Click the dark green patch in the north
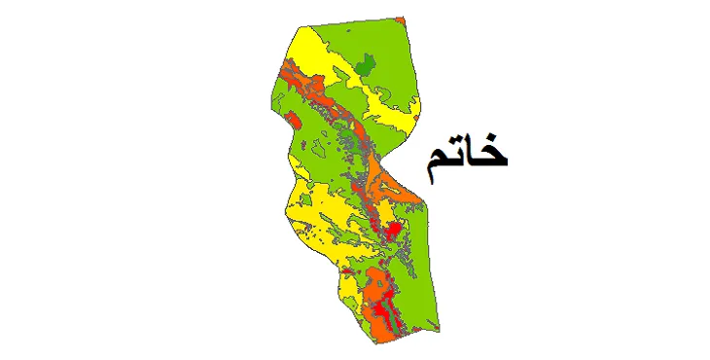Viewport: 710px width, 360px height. tap(366, 66)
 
